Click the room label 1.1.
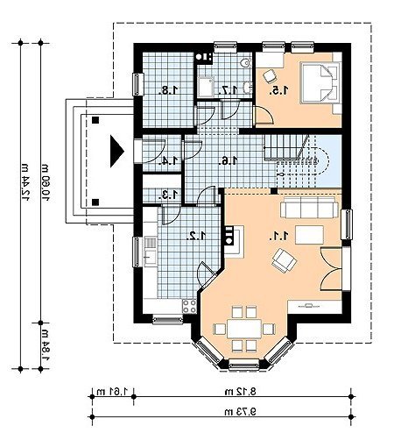pos(279,236)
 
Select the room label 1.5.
pos(279,90)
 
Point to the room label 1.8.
pos(169,90)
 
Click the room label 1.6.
pos(229,160)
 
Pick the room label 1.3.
pos(169,195)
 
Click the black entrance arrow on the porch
pos(117,151)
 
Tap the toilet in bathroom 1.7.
pos(247,62)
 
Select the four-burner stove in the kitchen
pos(189,306)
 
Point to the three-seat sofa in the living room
pos(309,207)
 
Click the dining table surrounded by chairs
pos(244,329)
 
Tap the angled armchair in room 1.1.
pos(284,260)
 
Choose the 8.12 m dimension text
pos(240,392)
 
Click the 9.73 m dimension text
pos(240,412)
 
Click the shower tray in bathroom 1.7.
pos(206,87)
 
